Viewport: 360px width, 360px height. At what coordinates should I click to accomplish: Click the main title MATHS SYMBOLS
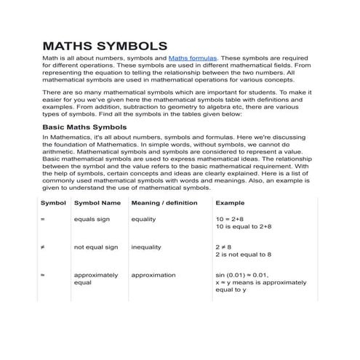click(x=105, y=45)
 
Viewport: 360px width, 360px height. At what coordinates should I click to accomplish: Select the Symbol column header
click(x=53, y=203)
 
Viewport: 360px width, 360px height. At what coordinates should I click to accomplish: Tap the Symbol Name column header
click(x=97, y=203)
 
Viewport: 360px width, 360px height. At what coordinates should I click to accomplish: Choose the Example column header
click(x=230, y=203)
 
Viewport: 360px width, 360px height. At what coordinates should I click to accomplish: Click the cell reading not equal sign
click(x=96, y=247)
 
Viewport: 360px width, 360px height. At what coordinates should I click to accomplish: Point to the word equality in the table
click(x=145, y=219)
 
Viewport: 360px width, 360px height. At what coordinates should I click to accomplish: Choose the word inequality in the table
click(x=146, y=247)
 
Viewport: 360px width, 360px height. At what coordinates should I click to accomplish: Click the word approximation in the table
click(x=153, y=276)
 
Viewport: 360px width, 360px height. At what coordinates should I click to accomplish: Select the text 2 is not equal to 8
click(x=244, y=255)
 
